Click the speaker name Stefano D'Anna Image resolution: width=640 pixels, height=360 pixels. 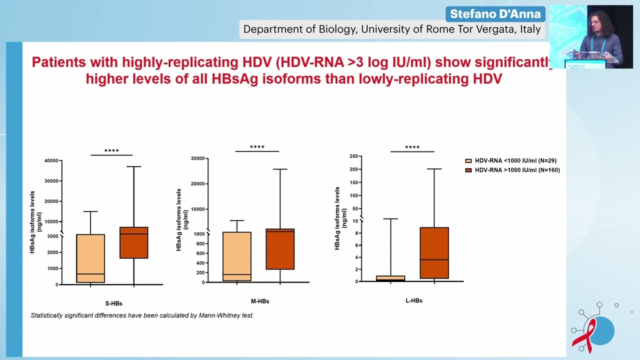click(495, 13)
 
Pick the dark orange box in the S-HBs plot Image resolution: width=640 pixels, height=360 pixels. click(133, 242)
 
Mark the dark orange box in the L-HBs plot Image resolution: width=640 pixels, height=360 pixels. click(434, 252)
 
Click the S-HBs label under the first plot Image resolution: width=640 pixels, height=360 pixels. click(113, 303)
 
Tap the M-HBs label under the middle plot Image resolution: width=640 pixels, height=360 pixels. click(260, 301)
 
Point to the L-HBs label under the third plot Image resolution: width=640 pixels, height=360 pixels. click(414, 300)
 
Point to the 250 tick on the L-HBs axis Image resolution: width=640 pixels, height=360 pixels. click(353, 156)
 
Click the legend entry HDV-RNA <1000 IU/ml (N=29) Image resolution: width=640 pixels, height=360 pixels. click(515, 161)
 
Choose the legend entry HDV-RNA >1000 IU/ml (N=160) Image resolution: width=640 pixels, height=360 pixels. click(516, 170)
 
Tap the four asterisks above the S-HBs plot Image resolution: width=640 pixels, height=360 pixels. click(111, 151)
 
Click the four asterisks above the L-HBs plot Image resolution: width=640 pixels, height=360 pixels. click(412, 147)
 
